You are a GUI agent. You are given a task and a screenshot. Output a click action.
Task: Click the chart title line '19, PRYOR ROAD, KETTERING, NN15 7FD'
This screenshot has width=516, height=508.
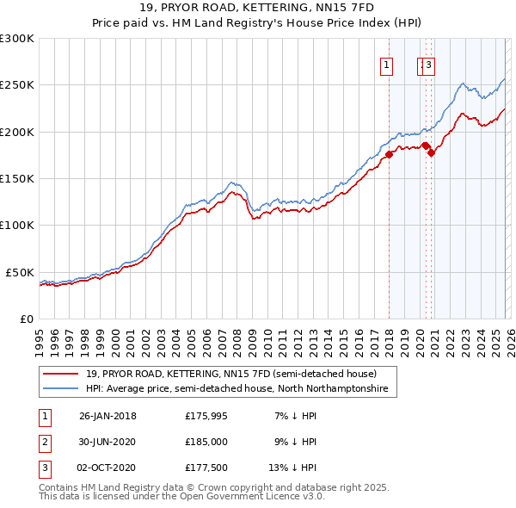(257, 9)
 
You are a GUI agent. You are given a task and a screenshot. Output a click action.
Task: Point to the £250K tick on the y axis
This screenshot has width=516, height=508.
(17, 85)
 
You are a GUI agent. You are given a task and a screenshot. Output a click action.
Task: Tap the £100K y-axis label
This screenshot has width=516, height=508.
(17, 225)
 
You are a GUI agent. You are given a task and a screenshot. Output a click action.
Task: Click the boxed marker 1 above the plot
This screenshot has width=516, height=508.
(386, 64)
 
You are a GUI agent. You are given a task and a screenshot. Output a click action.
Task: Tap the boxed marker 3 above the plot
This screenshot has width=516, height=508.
(428, 64)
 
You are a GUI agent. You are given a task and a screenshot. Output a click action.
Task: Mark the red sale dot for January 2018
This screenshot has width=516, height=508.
(389, 155)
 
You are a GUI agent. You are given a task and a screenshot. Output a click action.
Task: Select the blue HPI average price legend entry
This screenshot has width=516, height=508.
(236, 389)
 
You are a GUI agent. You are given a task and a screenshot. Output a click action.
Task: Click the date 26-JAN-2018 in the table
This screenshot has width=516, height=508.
(107, 416)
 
